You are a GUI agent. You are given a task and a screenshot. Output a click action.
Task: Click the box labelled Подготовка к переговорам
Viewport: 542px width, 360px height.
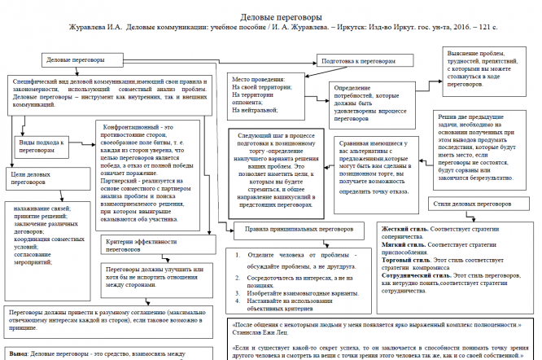point(359,60)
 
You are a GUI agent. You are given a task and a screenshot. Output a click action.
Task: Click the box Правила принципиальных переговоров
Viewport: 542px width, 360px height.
point(294,230)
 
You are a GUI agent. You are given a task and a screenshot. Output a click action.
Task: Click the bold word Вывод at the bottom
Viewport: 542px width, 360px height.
point(17,353)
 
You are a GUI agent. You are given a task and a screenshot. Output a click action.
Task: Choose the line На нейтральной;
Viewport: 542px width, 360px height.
point(256,109)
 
